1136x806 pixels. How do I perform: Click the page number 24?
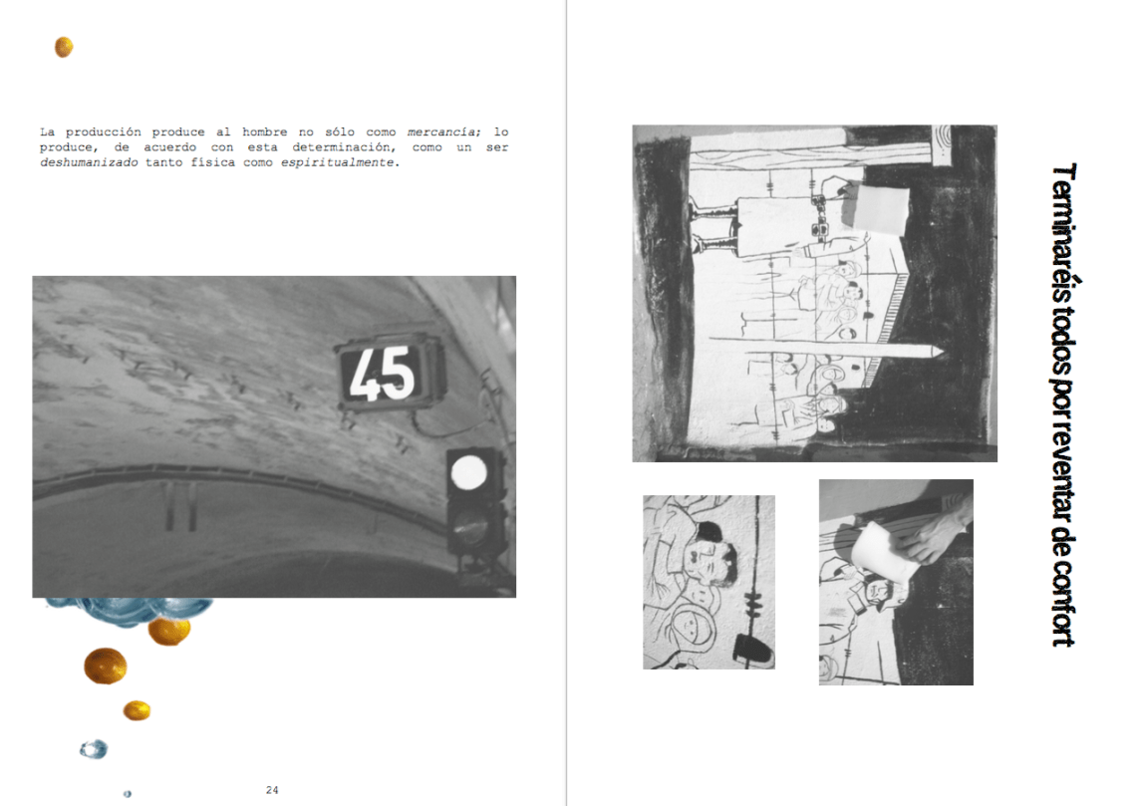click(272, 790)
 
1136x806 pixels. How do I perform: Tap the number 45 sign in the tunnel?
click(390, 373)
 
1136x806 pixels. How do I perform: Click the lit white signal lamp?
click(468, 473)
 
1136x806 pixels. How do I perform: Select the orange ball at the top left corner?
click(64, 47)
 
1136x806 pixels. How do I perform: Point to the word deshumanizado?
click(89, 162)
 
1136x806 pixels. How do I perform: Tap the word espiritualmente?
click(338, 162)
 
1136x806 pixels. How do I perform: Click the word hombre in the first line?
click(264, 132)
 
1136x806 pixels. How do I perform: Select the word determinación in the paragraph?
click(344, 147)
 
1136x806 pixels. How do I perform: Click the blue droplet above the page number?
click(94, 749)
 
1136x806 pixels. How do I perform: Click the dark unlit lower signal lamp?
click(470, 526)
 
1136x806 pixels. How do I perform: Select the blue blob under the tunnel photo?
click(131, 609)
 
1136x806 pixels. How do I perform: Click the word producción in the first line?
click(104, 132)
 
